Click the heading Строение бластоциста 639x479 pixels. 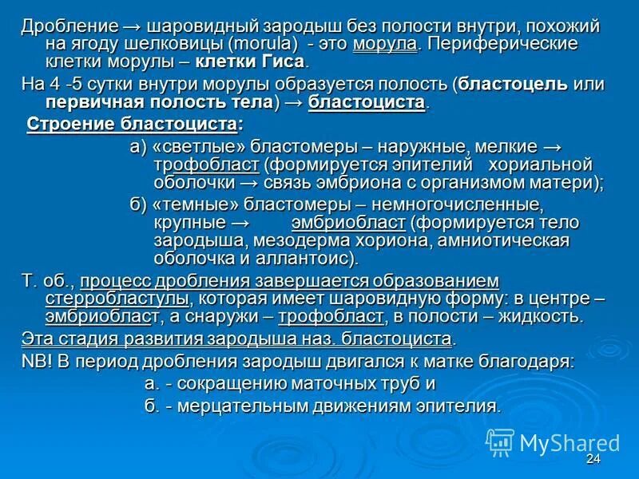coord(133,125)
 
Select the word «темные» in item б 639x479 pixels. coord(192,204)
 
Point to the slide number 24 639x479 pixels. coord(593,459)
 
